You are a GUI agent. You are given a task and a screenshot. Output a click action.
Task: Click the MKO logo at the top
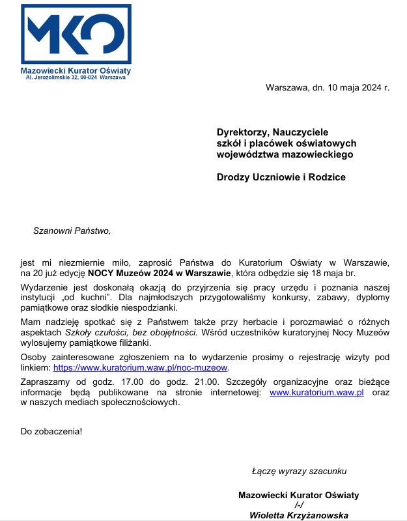(x=76, y=33)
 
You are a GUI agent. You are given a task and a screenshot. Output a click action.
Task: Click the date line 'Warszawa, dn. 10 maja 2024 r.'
(x=327, y=88)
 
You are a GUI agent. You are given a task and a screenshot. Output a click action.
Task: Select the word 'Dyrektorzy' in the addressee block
(x=241, y=132)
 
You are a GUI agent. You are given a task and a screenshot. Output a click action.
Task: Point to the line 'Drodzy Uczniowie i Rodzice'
(x=281, y=176)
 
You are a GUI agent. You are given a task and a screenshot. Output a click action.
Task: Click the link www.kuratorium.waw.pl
(x=316, y=392)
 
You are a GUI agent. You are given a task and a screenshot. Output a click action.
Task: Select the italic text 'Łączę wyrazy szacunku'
(x=299, y=470)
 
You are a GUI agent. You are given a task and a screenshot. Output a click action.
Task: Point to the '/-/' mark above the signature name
(x=299, y=505)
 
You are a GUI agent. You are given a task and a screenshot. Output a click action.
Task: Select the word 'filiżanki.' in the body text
(x=132, y=343)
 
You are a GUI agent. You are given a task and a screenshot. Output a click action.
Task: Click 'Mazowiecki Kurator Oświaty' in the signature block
(x=299, y=495)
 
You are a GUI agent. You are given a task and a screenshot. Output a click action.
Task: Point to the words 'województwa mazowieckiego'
(x=285, y=154)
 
